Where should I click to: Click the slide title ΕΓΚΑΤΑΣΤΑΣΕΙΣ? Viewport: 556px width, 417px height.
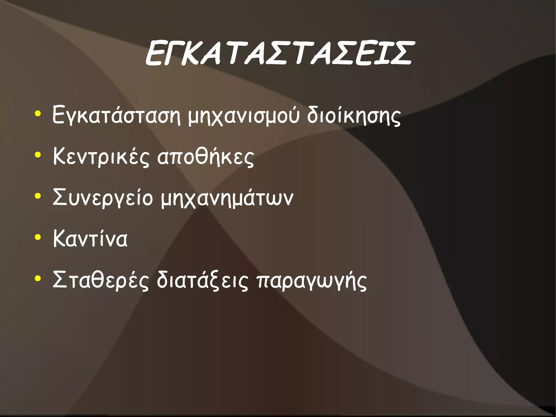pos(279,54)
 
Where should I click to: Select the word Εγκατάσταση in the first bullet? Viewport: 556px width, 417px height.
pos(116,115)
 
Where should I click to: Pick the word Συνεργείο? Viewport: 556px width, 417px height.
pos(103,198)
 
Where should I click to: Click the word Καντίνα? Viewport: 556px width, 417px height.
pos(90,239)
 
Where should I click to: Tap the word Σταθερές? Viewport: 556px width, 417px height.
pos(101,280)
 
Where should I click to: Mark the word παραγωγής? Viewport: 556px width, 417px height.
pos(311,280)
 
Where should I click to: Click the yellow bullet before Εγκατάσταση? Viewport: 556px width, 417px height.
pos(38,114)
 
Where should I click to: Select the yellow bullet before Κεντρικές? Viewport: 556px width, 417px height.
pos(38,155)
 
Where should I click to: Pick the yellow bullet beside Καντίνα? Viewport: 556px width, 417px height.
pos(38,237)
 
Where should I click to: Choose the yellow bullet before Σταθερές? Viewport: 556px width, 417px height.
pos(38,278)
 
